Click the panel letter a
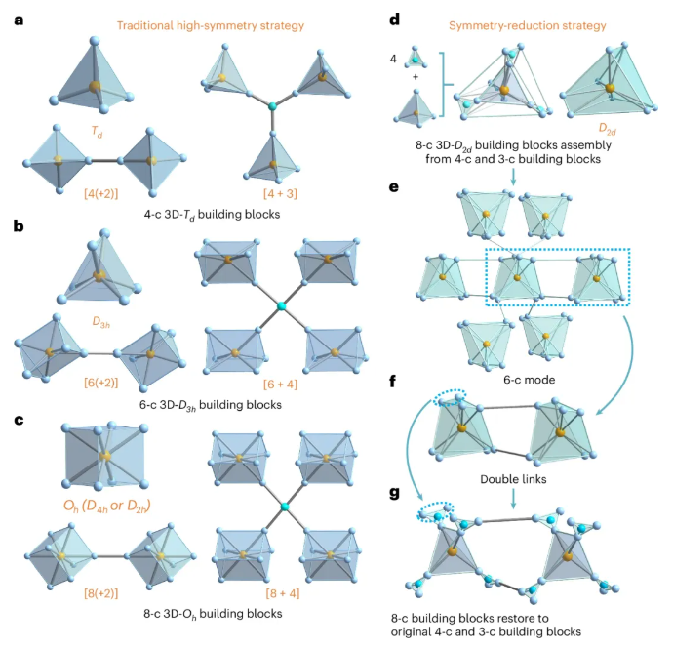coord(18,17)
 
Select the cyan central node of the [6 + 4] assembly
coord(282,307)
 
